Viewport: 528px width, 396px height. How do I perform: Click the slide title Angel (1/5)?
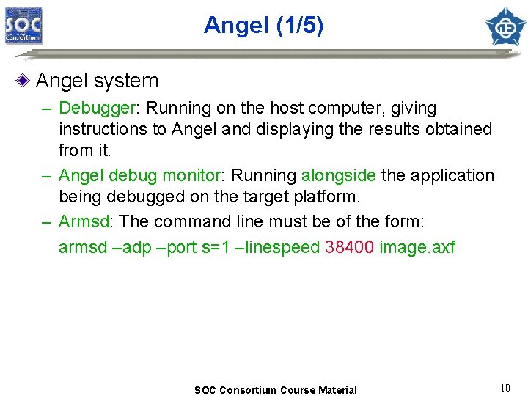[x=263, y=26]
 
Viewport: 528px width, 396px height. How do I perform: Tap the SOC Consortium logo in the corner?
[x=24, y=26]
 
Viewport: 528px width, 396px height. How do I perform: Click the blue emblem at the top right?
[x=505, y=26]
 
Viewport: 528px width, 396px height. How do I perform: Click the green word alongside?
[x=338, y=176]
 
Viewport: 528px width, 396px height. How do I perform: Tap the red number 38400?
[x=349, y=247]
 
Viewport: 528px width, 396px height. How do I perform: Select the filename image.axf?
[x=417, y=247]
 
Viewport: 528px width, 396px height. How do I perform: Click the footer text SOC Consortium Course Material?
[x=275, y=390]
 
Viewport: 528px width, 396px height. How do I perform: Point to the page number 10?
[x=505, y=388]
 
